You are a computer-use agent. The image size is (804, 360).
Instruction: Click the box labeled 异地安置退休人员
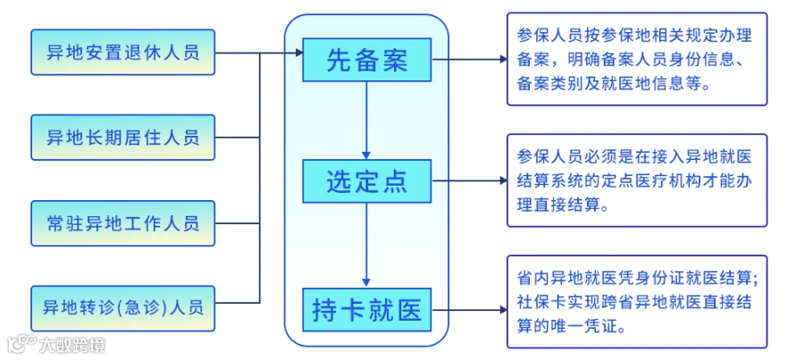[123, 53]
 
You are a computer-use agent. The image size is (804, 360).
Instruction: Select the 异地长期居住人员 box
[123, 138]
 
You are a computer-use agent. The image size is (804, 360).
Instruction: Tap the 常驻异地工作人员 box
[123, 223]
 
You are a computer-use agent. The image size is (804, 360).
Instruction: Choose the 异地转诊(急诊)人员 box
[123, 308]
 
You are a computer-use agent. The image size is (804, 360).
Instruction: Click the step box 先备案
[366, 60]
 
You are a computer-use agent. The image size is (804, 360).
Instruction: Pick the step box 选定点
[366, 181]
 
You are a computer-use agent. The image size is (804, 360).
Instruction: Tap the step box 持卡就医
[366, 310]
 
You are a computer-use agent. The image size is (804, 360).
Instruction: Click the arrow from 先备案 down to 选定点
[366, 121]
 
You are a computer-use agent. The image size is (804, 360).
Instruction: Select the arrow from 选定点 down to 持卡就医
[366, 245]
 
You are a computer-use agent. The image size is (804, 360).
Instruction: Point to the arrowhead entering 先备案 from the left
[298, 53]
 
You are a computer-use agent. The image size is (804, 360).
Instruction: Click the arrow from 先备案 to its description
[470, 60]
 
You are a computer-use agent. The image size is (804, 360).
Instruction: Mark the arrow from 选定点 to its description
[470, 180]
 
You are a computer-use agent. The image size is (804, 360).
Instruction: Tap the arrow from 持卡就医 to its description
[470, 310]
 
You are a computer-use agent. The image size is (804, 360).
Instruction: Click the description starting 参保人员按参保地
[637, 60]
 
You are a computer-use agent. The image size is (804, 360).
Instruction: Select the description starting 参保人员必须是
[637, 180]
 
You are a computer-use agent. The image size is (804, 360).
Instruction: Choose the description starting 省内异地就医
[637, 302]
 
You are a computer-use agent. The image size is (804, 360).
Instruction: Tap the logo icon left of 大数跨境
[21, 344]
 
